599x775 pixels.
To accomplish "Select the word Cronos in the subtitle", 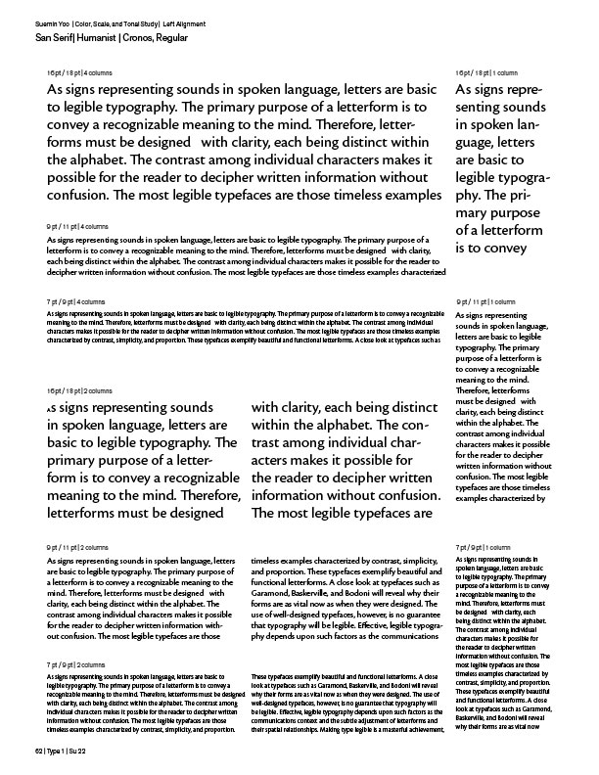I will pos(142,35).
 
